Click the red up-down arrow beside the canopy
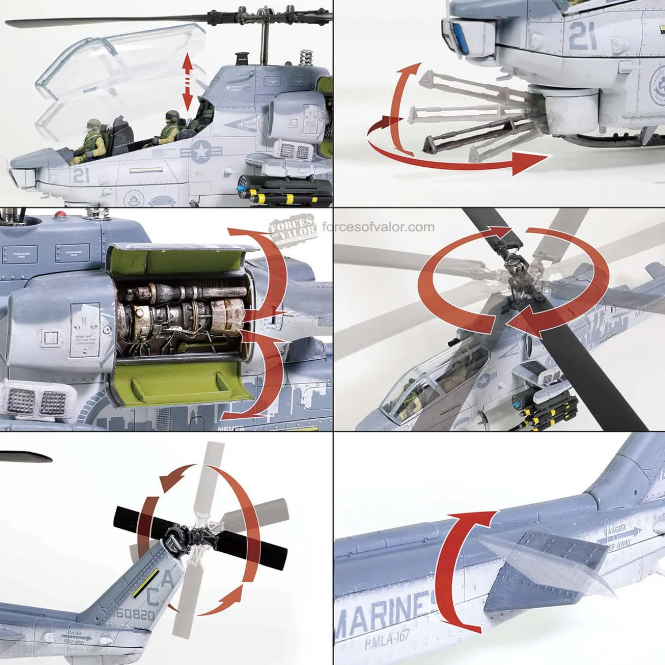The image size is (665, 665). coord(187,81)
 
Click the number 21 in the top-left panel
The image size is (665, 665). coord(81,175)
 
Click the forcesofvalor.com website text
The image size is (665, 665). coord(378,227)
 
